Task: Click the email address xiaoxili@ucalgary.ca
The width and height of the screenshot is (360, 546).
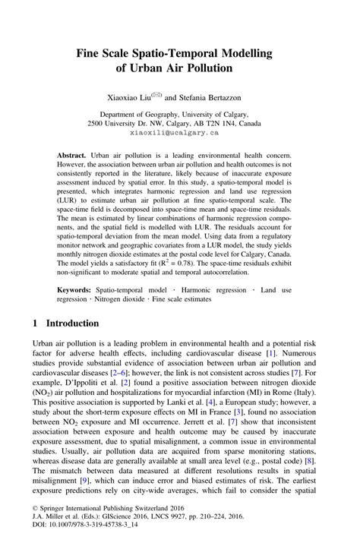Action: [180, 131]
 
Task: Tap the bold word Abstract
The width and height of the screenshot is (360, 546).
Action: [73, 154]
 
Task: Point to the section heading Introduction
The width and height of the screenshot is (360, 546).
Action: [75, 323]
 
